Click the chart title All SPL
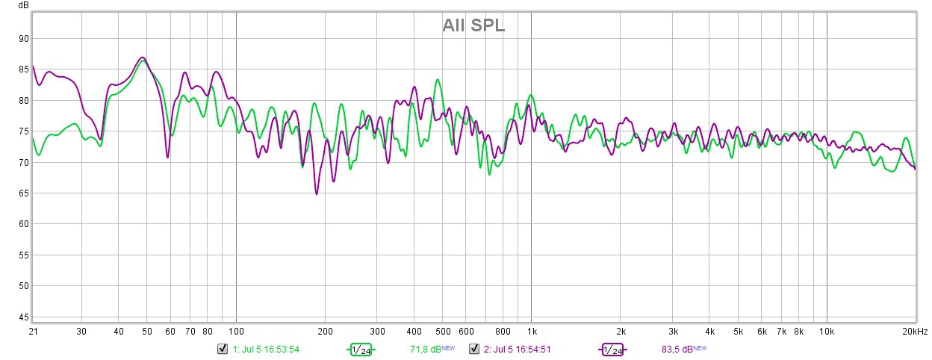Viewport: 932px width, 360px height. click(473, 26)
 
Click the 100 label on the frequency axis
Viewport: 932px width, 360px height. click(236, 331)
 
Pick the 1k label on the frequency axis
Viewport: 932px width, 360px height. click(531, 331)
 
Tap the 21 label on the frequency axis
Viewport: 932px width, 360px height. click(33, 331)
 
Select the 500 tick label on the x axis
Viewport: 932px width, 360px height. click(442, 331)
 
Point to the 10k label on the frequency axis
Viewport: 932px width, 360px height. click(826, 331)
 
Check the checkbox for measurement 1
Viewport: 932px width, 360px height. click(222, 349)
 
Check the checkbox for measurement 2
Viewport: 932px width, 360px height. click(473, 349)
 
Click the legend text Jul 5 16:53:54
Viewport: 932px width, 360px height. click(270, 349)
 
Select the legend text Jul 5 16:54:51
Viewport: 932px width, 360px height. click(521, 349)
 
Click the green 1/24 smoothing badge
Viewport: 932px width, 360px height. click(361, 350)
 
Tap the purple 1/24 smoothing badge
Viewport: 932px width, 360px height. click(612, 350)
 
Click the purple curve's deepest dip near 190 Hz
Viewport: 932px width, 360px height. click(317, 194)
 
